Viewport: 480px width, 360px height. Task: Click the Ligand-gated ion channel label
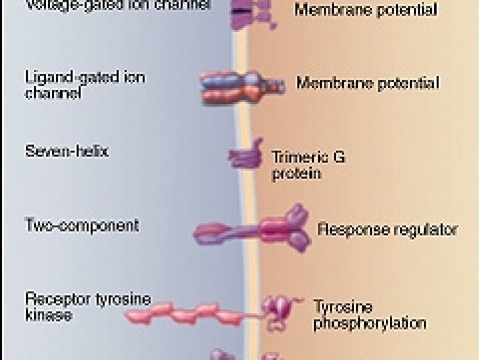85,85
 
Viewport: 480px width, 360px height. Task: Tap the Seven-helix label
67,151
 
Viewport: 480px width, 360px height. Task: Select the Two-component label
82,225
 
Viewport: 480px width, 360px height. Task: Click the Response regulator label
387,230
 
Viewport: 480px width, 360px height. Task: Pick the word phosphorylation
369,324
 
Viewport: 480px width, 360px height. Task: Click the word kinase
48,315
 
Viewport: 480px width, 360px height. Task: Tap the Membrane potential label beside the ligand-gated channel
367,84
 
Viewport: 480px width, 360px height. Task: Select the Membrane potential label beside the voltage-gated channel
365,10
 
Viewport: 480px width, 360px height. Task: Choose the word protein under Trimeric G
297,174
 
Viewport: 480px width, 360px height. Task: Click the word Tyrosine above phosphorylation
343,308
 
